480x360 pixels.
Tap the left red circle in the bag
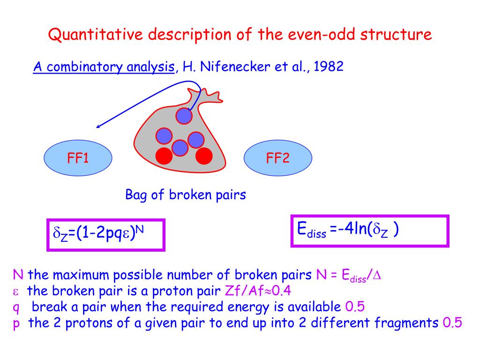[164, 156]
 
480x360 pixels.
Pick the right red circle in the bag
[204, 156]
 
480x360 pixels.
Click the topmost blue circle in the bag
[184, 115]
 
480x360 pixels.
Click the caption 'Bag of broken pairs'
[186, 195]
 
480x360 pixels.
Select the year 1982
[329, 67]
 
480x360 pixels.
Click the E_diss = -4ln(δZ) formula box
[370, 230]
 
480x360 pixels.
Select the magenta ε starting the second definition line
[15, 292]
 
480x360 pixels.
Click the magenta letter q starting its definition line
[15, 308]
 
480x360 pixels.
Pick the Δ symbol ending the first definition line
[377, 275]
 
